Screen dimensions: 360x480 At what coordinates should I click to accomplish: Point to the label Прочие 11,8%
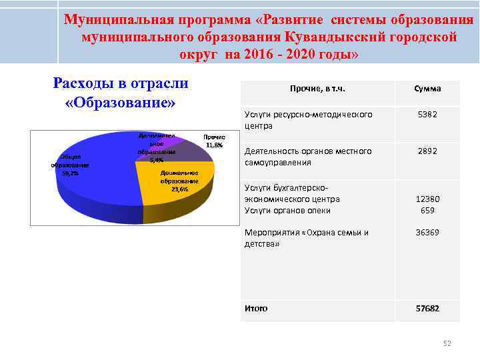click(x=214, y=141)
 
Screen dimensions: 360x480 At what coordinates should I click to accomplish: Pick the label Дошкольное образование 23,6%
click(x=179, y=181)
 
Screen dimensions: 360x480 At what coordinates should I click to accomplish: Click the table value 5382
click(x=427, y=115)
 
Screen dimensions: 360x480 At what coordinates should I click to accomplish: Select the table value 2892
click(x=427, y=151)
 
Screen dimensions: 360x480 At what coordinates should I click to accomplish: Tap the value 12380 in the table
click(x=427, y=199)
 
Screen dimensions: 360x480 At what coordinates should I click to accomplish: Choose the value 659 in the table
click(x=427, y=211)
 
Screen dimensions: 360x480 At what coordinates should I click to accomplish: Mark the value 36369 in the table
click(x=427, y=233)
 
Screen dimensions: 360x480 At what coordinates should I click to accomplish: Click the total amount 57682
click(x=427, y=309)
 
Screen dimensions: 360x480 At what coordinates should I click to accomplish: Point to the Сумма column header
click(x=427, y=89)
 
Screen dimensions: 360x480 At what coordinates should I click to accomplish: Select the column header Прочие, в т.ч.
click(x=317, y=89)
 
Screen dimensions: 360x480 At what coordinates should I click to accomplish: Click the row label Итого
click(x=256, y=309)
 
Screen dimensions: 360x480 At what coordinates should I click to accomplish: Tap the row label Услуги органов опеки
click(x=287, y=211)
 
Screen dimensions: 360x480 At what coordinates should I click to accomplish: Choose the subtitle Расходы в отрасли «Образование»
click(x=121, y=93)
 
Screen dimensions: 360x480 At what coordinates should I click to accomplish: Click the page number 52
click(x=447, y=343)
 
